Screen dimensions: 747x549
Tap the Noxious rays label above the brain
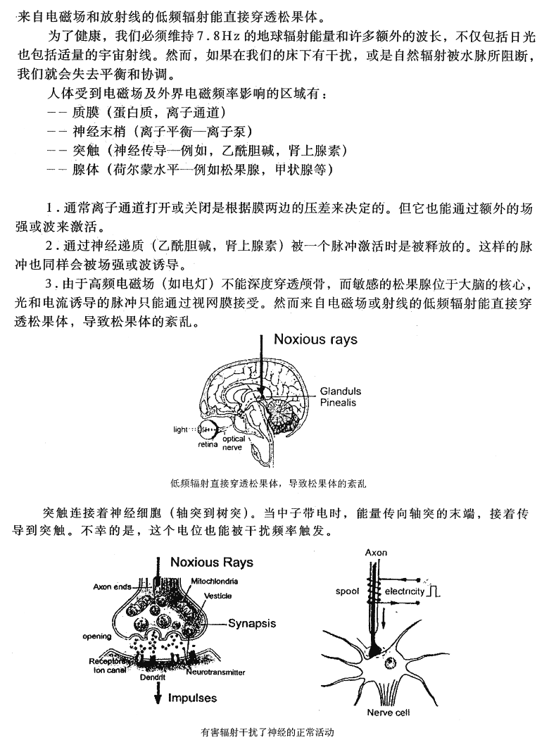coord(315,339)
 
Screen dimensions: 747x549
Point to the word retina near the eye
coord(208,444)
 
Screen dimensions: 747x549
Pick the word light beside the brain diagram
coord(182,428)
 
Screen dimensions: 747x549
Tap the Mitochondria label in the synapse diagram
coord(214,581)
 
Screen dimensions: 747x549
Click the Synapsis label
coord(253,623)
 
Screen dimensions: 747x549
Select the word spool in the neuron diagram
coord(348,591)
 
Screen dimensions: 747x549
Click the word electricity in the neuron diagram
coord(405,591)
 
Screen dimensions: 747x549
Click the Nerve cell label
coord(388,712)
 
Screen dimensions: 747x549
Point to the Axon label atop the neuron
coord(377,553)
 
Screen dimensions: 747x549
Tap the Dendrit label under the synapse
coord(151,677)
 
